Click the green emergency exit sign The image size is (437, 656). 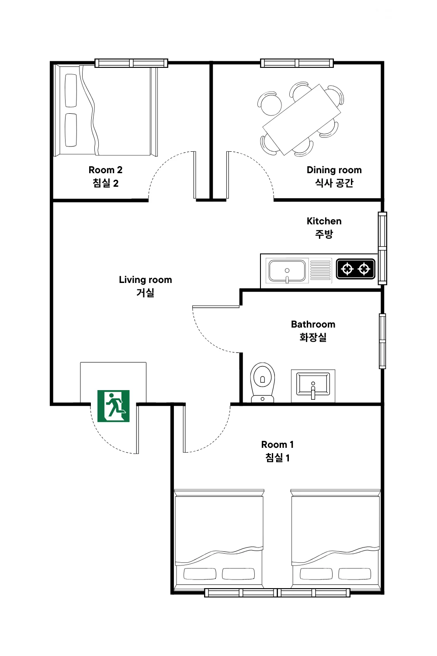coord(113,406)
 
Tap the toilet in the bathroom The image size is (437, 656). coord(263,382)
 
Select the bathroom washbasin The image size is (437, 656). coord(313,386)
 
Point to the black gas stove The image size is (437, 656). coord(355,269)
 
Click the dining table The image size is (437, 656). coord(302,119)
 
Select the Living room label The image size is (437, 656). coord(145,286)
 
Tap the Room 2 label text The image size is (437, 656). coord(105,177)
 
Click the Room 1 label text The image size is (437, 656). coord(277,451)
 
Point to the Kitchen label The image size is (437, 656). coord(324,227)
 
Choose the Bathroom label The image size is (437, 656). coord(313,331)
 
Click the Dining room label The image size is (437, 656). coord(334,176)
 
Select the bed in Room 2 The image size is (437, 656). coord(106,110)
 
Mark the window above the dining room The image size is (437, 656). coord(297,63)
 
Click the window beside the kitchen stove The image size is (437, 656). coord(382,248)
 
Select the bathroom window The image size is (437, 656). coord(382,341)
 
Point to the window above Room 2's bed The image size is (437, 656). coord(132,63)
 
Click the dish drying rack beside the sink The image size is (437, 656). coord(320,270)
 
